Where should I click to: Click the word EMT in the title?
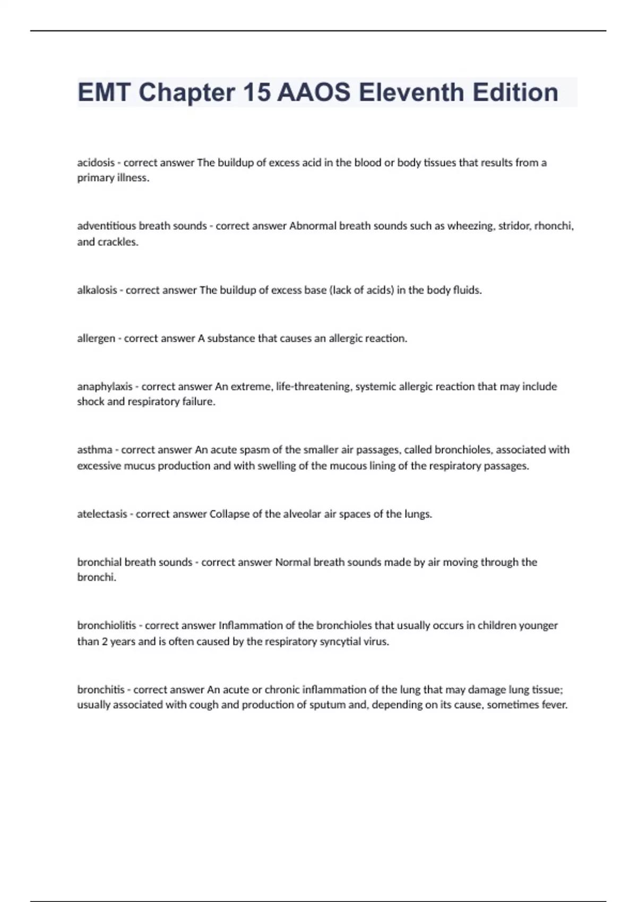pos(104,92)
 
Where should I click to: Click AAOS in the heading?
pos(314,92)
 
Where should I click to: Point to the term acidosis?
pos(96,163)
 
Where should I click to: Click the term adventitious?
pos(107,226)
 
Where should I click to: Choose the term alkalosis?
pos(97,290)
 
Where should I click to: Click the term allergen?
pos(96,339)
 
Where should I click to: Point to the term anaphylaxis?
pos(105,387)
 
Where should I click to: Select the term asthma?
pos(94,450)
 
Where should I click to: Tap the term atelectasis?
pos(102,514)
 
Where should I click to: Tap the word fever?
pos(555,705)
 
